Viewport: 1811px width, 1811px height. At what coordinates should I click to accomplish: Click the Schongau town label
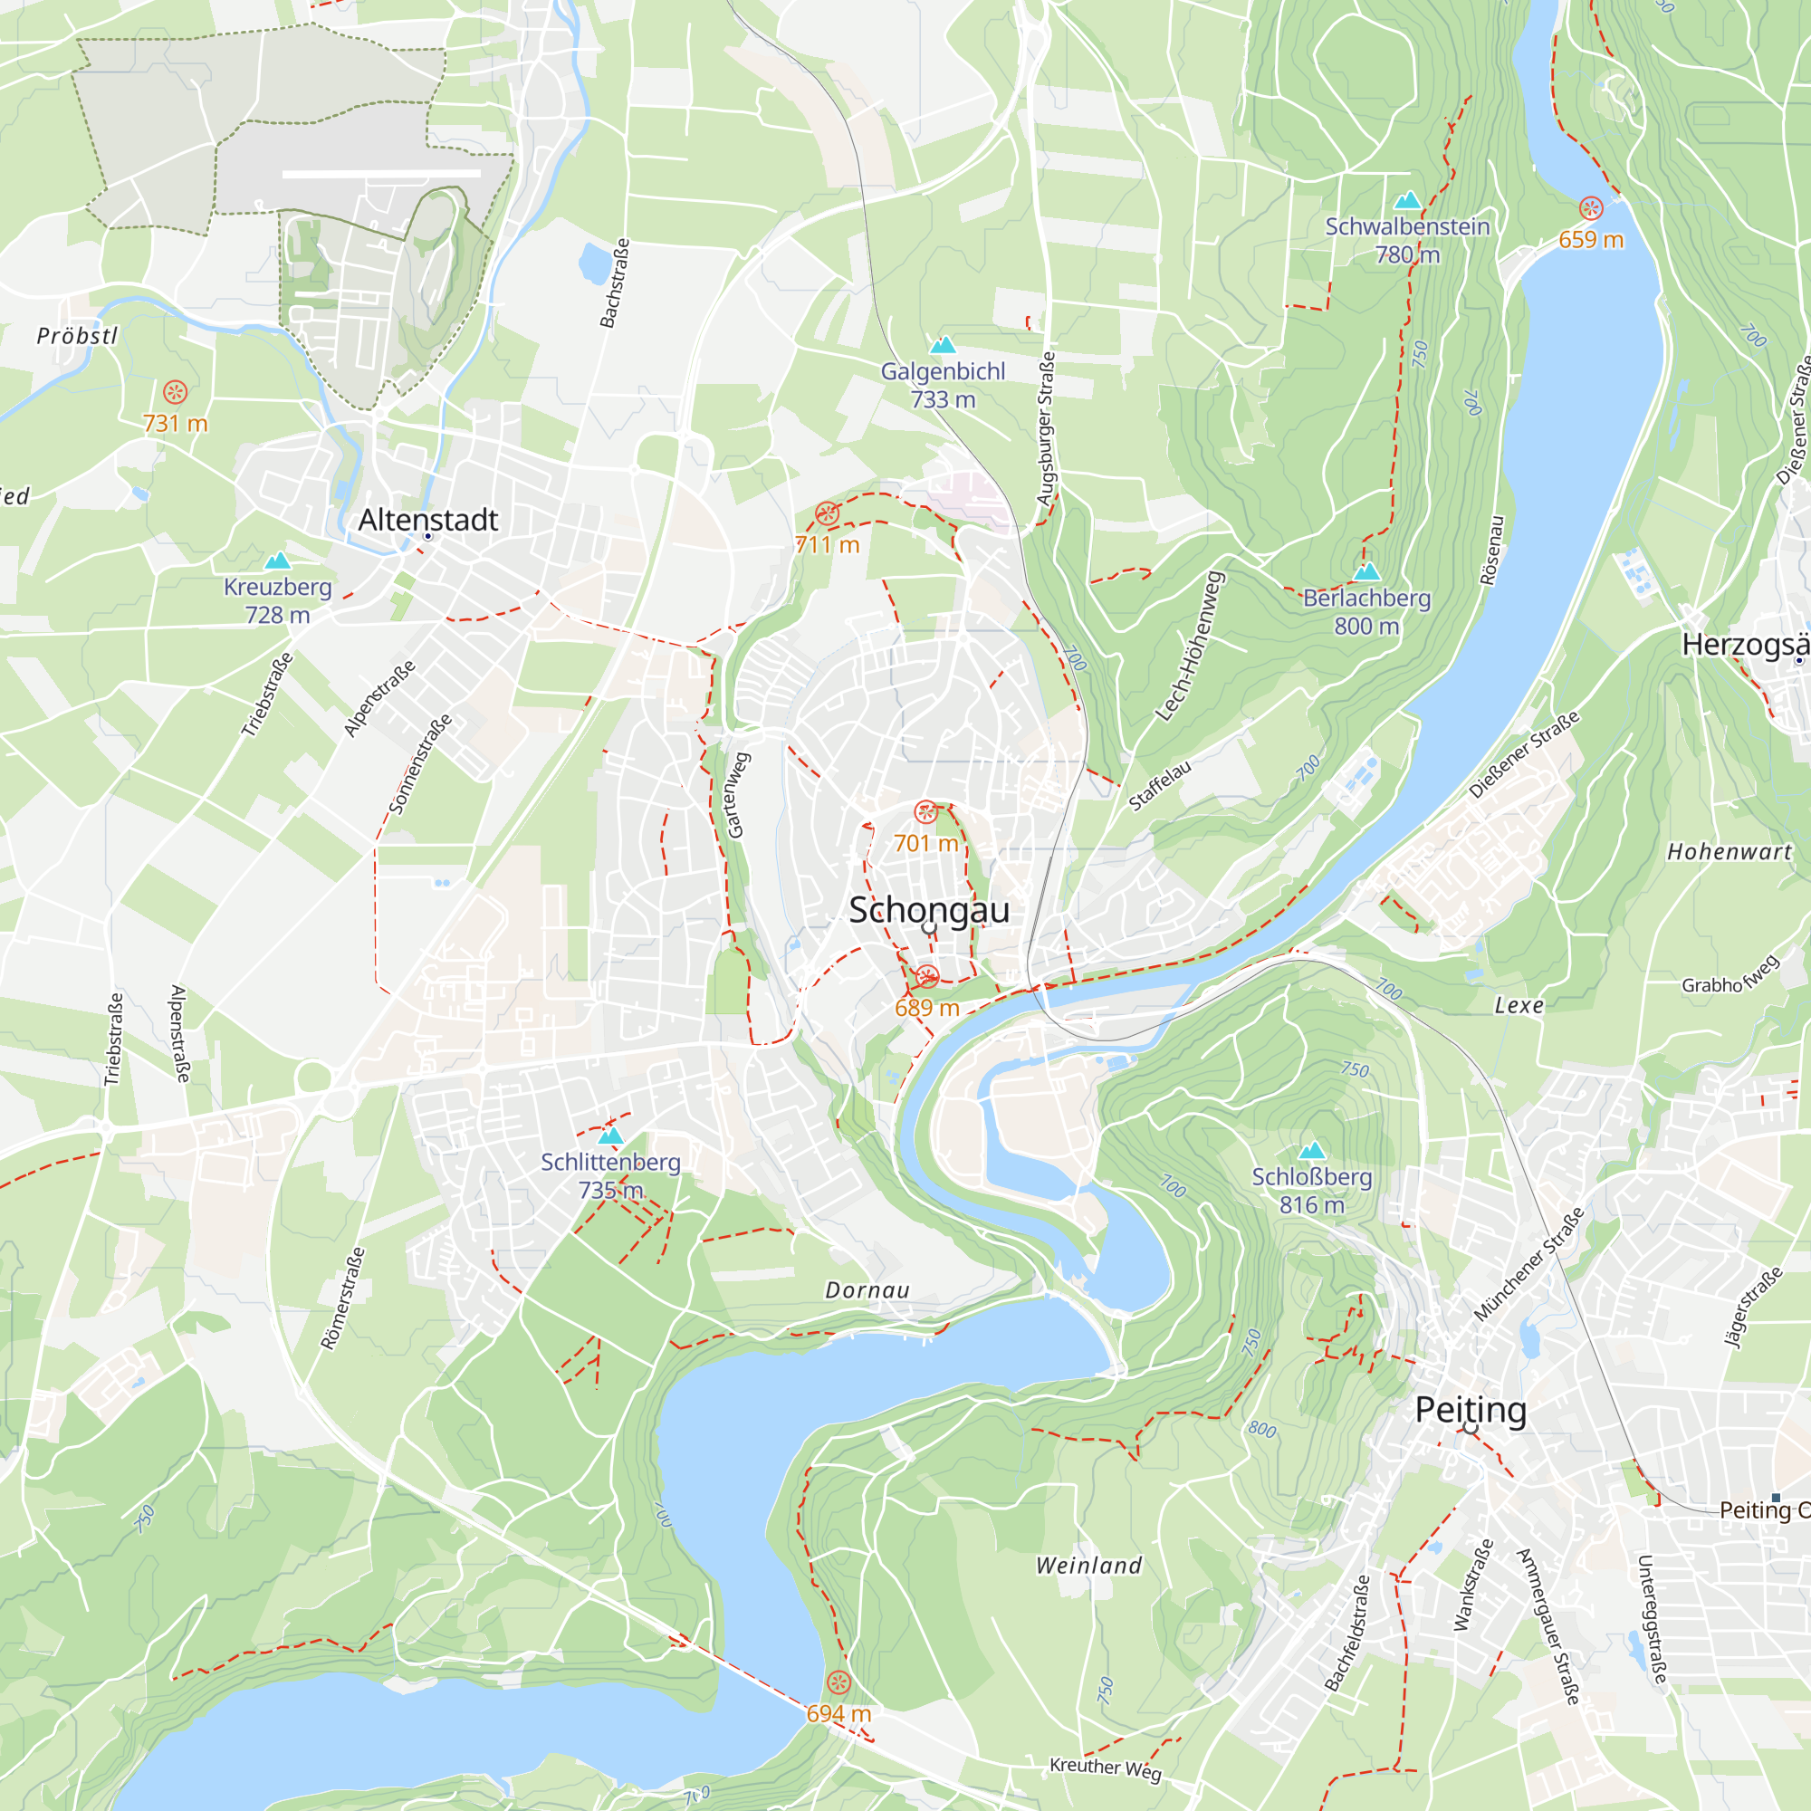[929, 910]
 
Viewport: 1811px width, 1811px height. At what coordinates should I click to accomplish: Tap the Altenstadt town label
[427, 519]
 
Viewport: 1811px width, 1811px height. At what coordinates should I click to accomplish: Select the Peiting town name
[1470, 1409]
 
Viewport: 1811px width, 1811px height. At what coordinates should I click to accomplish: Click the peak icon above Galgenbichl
[942, 345]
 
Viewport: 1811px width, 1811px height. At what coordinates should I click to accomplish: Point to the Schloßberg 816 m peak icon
[1311, 1150]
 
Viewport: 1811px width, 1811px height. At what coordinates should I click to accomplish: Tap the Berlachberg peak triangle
[1366, 570]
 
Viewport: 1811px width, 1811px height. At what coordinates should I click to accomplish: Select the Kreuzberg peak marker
[277, 561]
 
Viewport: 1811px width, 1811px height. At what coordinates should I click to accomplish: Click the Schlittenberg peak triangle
[610, 1135]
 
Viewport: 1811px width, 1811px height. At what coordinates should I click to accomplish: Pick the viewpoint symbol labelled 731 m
[176, 392]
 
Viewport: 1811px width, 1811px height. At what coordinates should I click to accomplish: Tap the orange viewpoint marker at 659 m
[1591, 208]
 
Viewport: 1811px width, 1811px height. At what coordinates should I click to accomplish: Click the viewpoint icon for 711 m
[826, 513]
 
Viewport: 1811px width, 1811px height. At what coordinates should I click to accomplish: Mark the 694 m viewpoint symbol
[839, 1682]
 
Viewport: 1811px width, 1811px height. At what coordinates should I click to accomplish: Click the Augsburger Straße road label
[1047, 428]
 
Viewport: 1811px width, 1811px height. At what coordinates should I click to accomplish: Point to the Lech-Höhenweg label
[1191, 646]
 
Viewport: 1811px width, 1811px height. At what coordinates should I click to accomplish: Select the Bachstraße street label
[615, 283]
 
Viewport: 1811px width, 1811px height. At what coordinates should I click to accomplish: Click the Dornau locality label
[867, 1289]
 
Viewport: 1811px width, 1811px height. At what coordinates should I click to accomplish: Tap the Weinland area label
[1088, 1565]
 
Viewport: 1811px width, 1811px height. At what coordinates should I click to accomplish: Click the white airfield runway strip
[380, 174]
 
